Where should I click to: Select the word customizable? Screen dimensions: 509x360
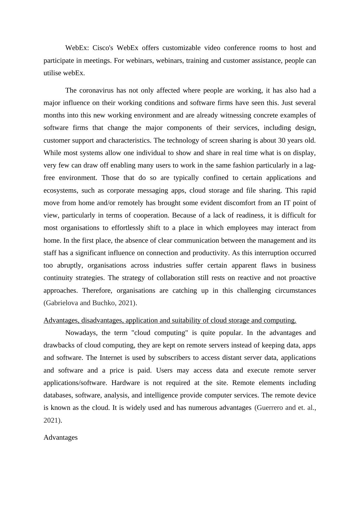click(x=181, y=48)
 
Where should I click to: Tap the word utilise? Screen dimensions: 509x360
click(x=52, y=73)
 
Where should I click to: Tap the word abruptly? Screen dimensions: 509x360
click(x=70, y=265)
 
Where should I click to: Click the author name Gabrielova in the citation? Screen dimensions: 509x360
click(x=62, y=303)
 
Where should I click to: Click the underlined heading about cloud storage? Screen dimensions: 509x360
click(x=170, y=320)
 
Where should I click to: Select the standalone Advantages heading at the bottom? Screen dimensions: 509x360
click(x=61, y=438)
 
